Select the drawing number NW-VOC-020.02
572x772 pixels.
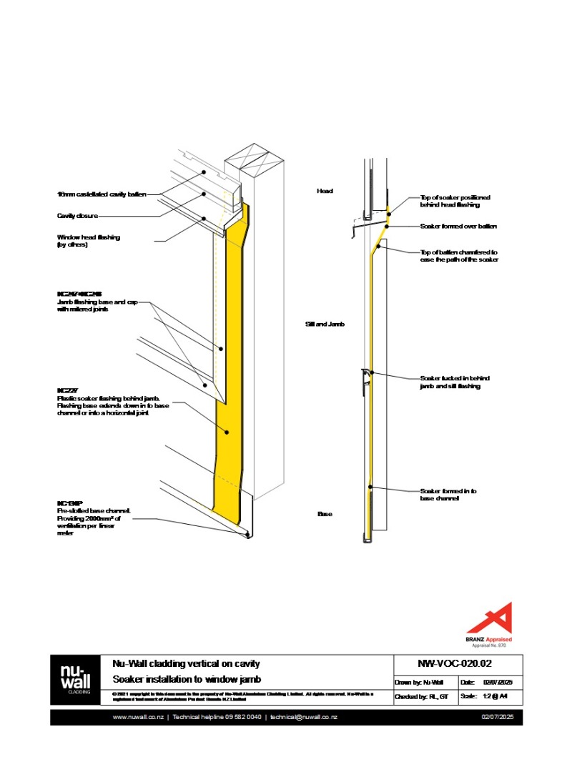tap(458, 663)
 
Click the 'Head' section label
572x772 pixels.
tap(325, 191)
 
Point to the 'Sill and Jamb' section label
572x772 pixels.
tap(325, 324)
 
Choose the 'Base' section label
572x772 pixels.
tap(325, 514)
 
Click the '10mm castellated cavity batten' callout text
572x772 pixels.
tap(101, 194)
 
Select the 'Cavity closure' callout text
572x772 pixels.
tap(77, 215)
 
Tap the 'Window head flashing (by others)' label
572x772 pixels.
tap(89, 241)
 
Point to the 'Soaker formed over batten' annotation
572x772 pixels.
tap(458, 226)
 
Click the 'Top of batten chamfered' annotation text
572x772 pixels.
tap(458, 256)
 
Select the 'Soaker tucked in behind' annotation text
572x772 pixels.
tap(454, 382)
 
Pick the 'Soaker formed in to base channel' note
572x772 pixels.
tap(448, 495)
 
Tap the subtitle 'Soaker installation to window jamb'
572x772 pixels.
tap(184, 678)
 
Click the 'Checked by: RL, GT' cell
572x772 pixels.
tap(422, 696)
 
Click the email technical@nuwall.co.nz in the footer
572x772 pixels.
tap(303, 717)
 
